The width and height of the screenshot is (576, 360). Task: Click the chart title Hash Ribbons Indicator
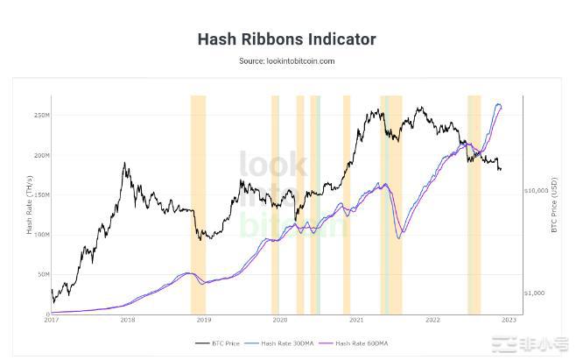pos(287,39)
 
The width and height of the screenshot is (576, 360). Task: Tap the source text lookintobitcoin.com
pos(287,61)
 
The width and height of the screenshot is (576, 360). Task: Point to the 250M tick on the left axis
pos(41,115)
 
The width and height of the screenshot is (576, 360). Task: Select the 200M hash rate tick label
pos(41,155)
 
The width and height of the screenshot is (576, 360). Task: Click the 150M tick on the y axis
pos(41,194)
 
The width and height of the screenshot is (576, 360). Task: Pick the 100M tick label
pos(41,235)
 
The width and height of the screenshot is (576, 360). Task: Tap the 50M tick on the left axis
pos(43,274)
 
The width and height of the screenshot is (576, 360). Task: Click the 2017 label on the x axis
pos(52,321)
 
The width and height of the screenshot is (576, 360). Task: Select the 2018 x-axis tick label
pos(128,321)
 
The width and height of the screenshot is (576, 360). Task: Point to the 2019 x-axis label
pos(203,321)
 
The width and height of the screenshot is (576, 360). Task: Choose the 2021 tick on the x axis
pos(356,321)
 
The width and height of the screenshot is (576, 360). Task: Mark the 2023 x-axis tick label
pos(509,321)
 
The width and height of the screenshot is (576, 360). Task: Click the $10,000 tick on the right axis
pos(536,189)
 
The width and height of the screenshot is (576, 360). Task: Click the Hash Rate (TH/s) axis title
pos(29,206)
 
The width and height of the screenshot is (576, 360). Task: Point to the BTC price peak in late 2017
pos(125,163)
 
